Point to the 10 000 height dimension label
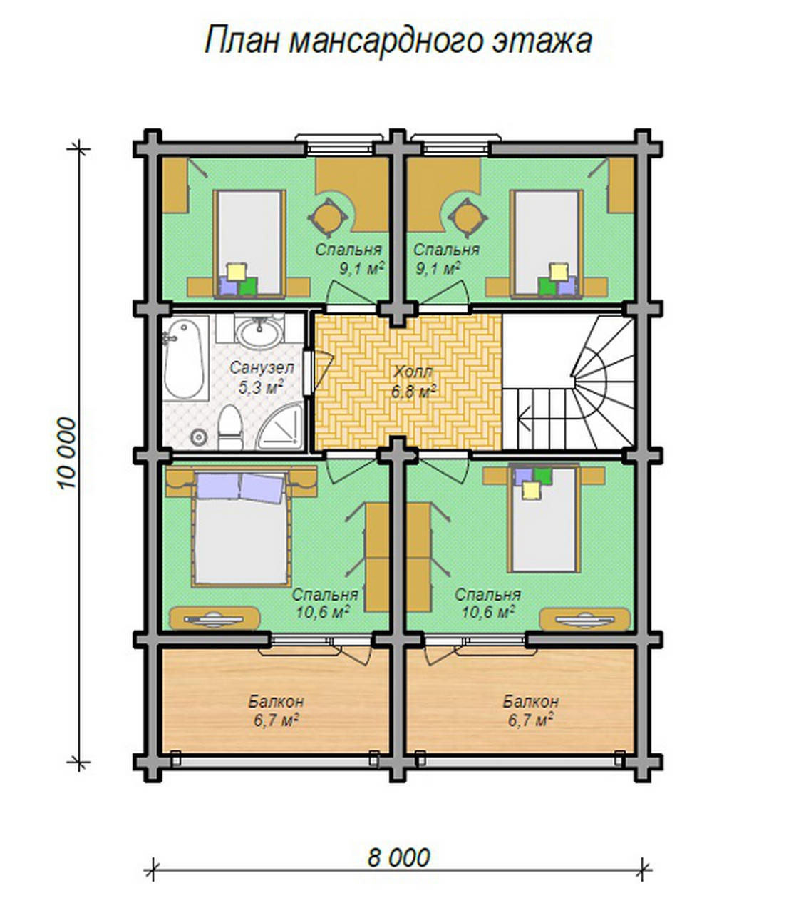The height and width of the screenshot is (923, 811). pos(67,453)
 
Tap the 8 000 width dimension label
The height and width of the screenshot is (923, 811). pos(398,857)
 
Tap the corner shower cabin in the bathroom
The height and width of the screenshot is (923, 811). pos(279,427)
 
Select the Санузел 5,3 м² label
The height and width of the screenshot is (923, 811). pos(262,377)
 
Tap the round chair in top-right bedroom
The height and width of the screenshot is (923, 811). pos(468,218)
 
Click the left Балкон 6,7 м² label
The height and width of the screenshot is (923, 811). pos(276,711)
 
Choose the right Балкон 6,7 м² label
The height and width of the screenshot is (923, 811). pos(530,711)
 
